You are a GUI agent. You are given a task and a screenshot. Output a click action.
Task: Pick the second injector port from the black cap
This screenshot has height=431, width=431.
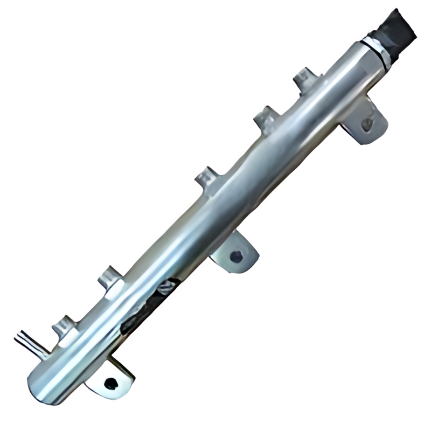coord(266,120)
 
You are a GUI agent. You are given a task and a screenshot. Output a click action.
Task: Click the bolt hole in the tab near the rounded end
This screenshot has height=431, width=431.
coord(110,384)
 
